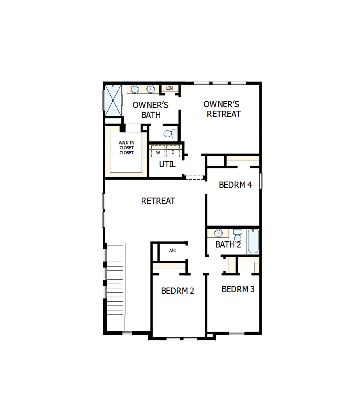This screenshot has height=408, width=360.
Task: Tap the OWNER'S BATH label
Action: coord(151,110)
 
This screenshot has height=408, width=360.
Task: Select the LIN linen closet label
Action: coord(169,88)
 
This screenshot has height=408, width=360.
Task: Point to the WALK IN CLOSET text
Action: coord(126,148)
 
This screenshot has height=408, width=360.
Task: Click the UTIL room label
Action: coord(167,164)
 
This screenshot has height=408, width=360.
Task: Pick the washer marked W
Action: coord(158,152)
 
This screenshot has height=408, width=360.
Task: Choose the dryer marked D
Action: coord(173,152)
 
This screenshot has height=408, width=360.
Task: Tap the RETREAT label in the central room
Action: coord(158,201)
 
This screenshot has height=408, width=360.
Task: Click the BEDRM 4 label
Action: coord(235,185)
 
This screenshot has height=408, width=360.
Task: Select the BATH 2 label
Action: coord(228,245)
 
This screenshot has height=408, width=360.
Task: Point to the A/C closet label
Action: coord(172,251)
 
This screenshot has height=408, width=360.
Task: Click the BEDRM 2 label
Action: coord(177,291)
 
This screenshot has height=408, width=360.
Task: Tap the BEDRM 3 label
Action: coord(238,289)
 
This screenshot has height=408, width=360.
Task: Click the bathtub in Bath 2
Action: coord(252,242)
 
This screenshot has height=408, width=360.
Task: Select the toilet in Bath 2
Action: coord(238,236)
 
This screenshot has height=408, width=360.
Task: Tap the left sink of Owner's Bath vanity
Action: coord(135,89)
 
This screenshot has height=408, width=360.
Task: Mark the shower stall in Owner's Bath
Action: coord(113,100)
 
